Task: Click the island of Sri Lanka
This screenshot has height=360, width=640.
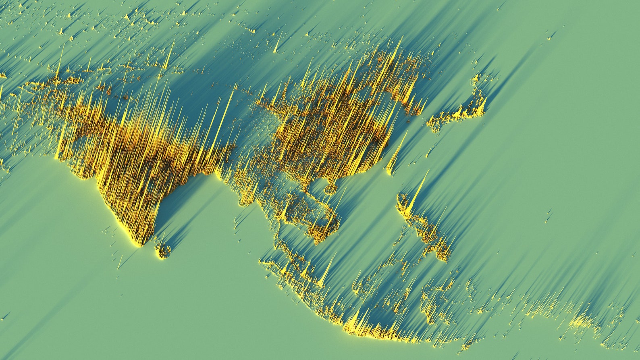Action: pyautogui.click(x=163, y=251)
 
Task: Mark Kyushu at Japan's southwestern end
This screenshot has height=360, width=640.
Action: pyautogui.click(x=433, y=125)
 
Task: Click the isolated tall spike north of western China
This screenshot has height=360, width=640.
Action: pyautogui.click(x=276, y=44)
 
